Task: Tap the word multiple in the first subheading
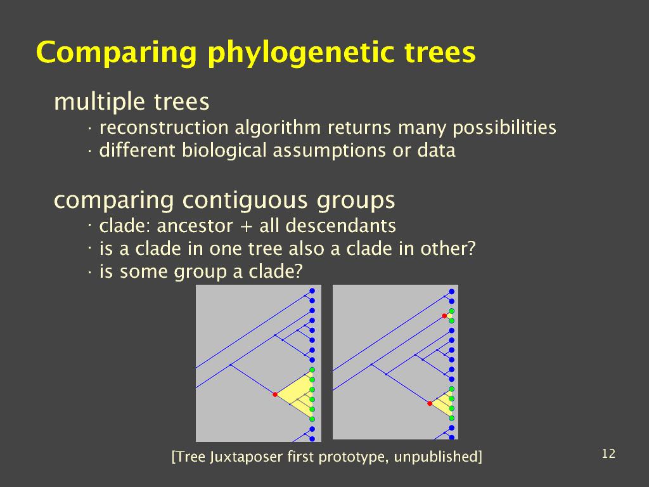(100, 102)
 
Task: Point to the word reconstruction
(164, 127)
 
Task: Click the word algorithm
(278, 128)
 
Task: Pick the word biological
(224, 150)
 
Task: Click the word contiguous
(245, 201)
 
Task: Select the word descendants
(340, 226)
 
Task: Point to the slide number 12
(608, 454)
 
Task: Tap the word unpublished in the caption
(438, 457)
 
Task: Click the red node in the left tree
(275, 394)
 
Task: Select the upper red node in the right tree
(444, 316)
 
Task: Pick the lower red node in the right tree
(430, 403)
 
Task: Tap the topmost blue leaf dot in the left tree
(312, 291)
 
